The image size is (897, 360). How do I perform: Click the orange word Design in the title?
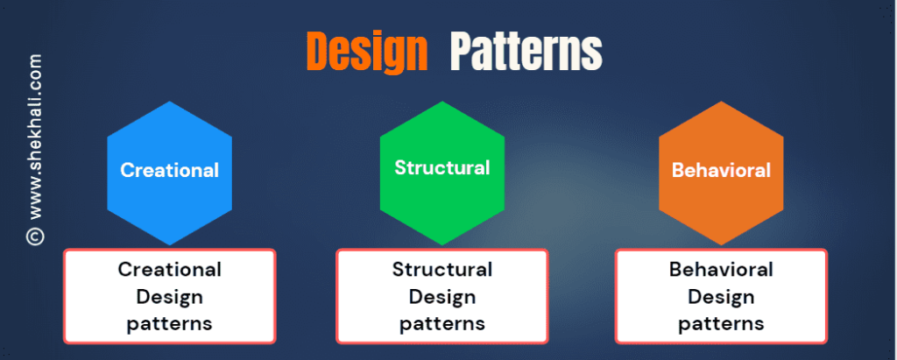tap(367, 52)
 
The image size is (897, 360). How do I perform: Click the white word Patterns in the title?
tap(526, 52)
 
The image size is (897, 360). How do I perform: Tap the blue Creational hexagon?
tap(170, 173)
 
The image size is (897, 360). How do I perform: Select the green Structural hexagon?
tap(442, 173)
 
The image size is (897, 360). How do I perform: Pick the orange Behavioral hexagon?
tap(722, 173)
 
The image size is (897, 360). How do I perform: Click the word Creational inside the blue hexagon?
tap(170, 170)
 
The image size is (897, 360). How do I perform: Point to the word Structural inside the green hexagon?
tap(442, 167)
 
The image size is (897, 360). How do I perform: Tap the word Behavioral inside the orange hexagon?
tap(722, 170)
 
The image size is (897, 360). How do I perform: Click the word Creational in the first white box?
tap(170, 269)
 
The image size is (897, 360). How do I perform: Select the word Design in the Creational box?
tap(170, 296)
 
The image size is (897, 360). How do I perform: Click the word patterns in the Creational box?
tap(170, 324)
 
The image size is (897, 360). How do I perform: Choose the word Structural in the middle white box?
tap(442, 269)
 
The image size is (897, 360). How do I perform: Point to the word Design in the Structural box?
tap(442, 296)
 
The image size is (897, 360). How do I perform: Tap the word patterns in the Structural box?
tap(442, 324)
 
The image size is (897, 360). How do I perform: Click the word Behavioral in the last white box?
tap(722, 269)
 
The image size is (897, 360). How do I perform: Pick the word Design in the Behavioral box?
tap(722, 296)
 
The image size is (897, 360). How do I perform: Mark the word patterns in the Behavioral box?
tap(722, 324)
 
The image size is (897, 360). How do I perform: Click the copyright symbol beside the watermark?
tap(35, 236)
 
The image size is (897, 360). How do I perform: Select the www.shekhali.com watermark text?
tap(35, 137)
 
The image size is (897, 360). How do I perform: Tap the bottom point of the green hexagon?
tap(442, 245)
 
